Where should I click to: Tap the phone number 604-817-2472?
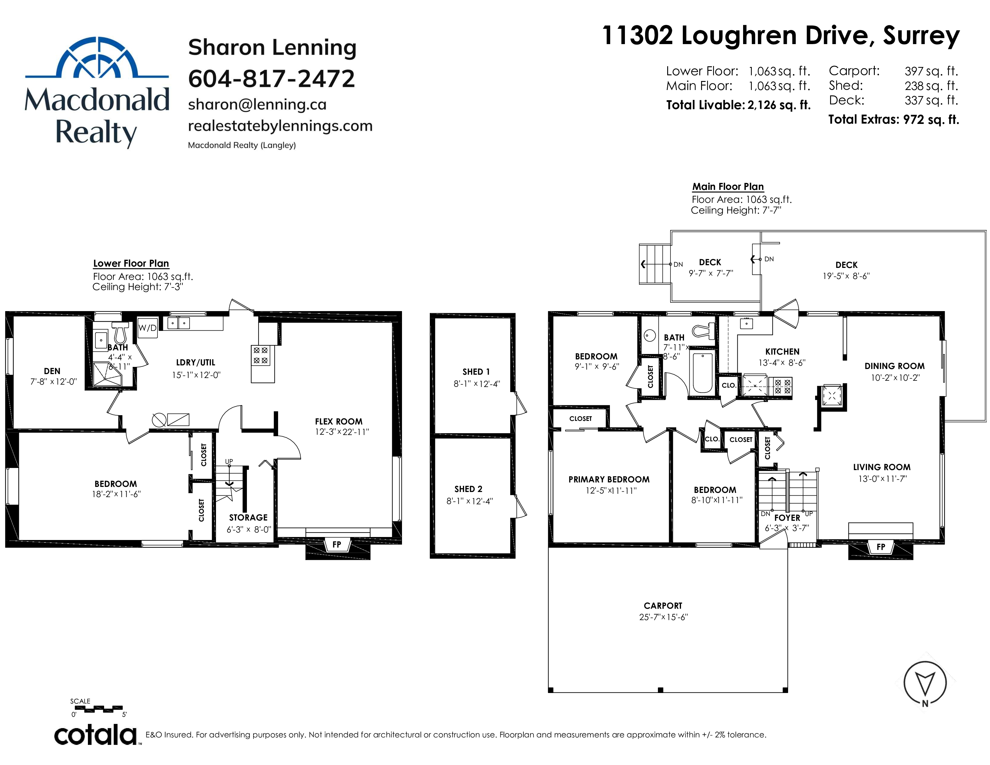271,79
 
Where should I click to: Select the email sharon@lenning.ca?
257,105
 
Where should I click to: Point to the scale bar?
98,708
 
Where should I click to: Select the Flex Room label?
339,421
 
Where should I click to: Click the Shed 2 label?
468,489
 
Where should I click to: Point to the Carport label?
663,606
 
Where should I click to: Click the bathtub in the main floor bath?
703,373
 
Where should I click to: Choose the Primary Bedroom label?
609,479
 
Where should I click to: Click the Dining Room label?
894,366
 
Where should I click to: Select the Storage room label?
248,517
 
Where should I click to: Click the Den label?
52,371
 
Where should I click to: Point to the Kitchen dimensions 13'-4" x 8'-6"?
782,363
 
